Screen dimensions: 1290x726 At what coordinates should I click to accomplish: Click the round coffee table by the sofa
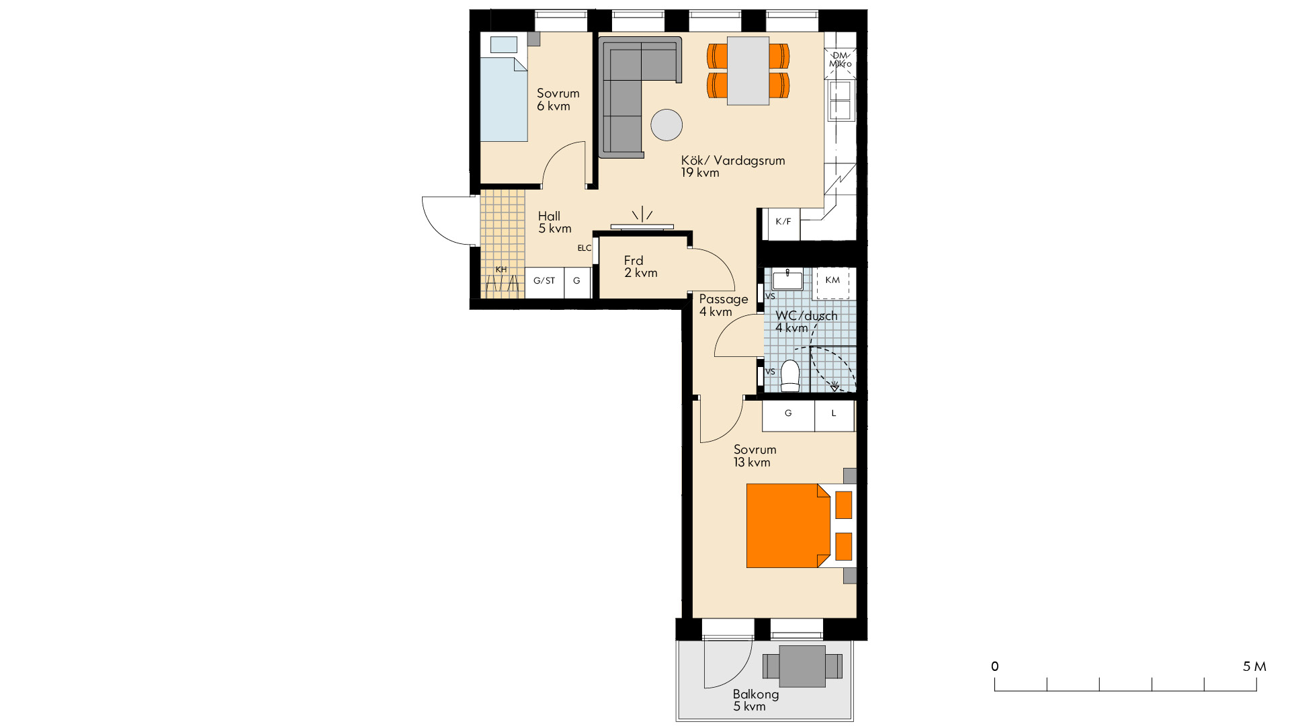point(666,124)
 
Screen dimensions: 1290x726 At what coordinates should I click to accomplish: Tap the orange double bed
point(788,526)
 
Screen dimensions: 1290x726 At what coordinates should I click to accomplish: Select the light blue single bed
point(504,99)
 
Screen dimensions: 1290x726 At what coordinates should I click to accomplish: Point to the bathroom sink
point(787,280)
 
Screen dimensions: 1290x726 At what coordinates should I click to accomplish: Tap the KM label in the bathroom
point(832,280)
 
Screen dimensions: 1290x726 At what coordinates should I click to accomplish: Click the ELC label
point(585,248)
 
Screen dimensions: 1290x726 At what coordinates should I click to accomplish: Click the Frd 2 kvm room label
point(641,266)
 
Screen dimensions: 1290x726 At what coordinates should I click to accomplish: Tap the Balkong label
point(756,694)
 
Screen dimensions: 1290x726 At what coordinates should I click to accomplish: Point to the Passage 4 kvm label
point(724,305)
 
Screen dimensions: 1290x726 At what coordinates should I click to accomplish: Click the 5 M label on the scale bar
point(1254,666)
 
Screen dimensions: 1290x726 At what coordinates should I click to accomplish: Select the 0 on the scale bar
point(995,666)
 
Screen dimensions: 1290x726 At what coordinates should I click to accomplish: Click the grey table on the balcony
point(802,666)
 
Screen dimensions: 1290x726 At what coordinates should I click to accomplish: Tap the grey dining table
point(748,71)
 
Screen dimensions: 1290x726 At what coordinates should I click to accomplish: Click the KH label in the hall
point(501,270)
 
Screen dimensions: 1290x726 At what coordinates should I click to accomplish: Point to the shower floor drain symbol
point(834,387)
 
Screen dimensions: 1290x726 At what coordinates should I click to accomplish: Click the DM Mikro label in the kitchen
point(840,60)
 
